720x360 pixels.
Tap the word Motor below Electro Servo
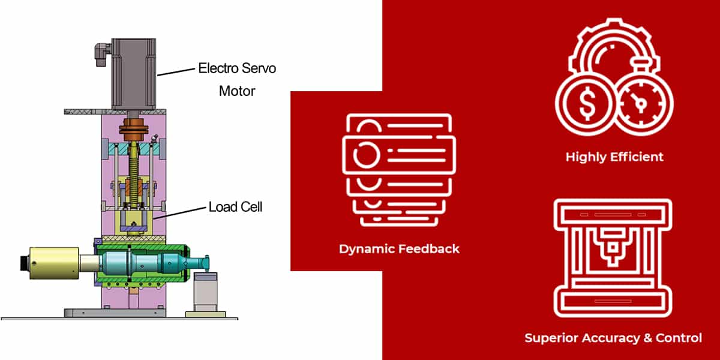237,91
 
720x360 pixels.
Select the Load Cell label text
235,207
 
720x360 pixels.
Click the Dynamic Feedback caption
399,248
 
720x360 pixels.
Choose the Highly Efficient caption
614,157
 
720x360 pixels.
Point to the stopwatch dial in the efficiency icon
641,104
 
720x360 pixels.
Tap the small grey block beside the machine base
203,292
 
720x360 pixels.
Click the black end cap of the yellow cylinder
22,263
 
